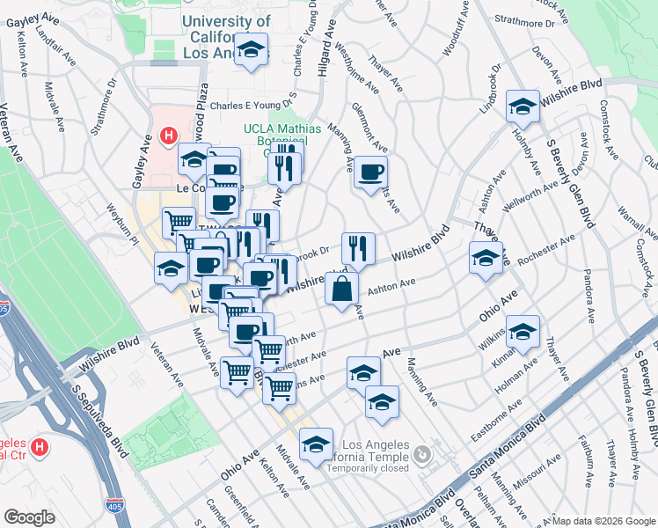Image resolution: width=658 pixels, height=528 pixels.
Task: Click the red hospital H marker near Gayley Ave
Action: pyautogui.click(x=168, y=136)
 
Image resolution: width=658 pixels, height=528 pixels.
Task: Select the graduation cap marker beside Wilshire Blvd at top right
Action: pyautogui.click(x=523, y=106)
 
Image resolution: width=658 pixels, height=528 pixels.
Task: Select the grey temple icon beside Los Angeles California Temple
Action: pyautogui.click(x=423, y=455)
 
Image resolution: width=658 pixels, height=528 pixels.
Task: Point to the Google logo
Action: pyautogui.click(x=28, y=517)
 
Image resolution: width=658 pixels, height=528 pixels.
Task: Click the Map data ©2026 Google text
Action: pyautogui.click(x=603, y=521)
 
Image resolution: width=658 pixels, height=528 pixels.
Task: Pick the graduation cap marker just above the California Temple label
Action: pyautogui.click(x=316, y=445)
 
